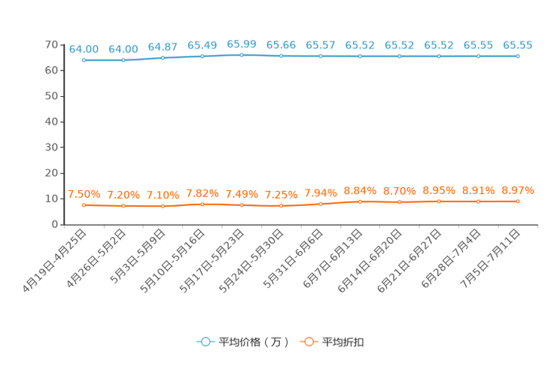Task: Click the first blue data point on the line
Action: point(84,60)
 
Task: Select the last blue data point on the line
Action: point(518,56)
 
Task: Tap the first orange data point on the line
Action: point(84,205)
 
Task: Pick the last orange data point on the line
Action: point(518,202)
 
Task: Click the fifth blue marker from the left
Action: point(242,55)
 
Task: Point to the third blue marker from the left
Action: point(163,58)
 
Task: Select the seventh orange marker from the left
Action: point(321,204)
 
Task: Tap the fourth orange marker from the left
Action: point(202,204)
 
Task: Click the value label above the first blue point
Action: point(84,49)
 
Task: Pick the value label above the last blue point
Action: point(518,45)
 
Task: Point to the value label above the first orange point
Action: point(84,195)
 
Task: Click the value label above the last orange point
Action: point(518,190)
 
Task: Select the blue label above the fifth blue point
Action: point(242,44)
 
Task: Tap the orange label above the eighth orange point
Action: point(360,191)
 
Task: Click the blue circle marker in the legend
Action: point(205,341)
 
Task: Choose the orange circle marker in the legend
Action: point(307,341)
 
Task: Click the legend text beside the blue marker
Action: point(254,342)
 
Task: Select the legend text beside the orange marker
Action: point(344,342)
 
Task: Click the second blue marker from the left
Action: point(123,60)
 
